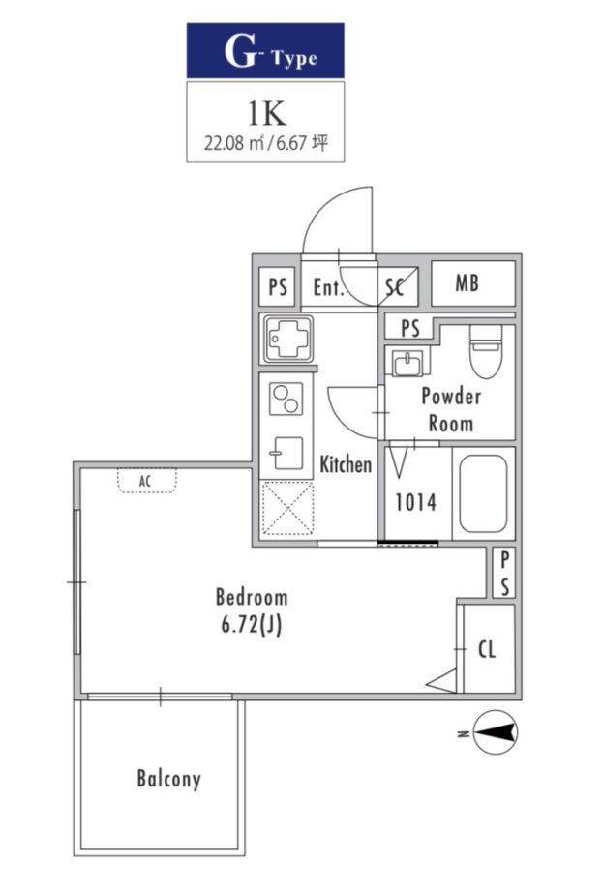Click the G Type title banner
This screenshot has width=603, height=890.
(x=265, y=50)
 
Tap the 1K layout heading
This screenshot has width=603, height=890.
(x=266, y=113)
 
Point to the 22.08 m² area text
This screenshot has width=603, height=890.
(x=234, y=142)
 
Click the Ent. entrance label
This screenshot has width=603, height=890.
(x=329, y=287)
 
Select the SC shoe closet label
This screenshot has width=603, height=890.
(x=395, y=287)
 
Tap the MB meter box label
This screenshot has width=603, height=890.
(x=467, y=282)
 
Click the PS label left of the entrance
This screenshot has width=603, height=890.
(x=278, y=287)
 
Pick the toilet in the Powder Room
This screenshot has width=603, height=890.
(x=486, y=351)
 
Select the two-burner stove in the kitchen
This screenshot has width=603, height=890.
(x=286, y=399)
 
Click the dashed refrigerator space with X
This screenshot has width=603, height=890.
(x=287, y=508)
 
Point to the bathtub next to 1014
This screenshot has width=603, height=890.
(x=483, y=493)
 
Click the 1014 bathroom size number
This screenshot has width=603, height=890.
(x=415, y=502)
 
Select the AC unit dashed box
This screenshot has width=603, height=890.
(x=147, y=480)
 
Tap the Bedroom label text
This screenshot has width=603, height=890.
(x=252, y=597)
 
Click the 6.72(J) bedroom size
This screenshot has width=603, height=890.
(x=252, y=625)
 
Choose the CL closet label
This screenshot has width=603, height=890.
(x=487, y=649)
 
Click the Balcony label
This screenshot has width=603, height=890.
(x=168, y=779)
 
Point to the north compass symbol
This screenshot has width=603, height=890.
(x=496, y=732)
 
